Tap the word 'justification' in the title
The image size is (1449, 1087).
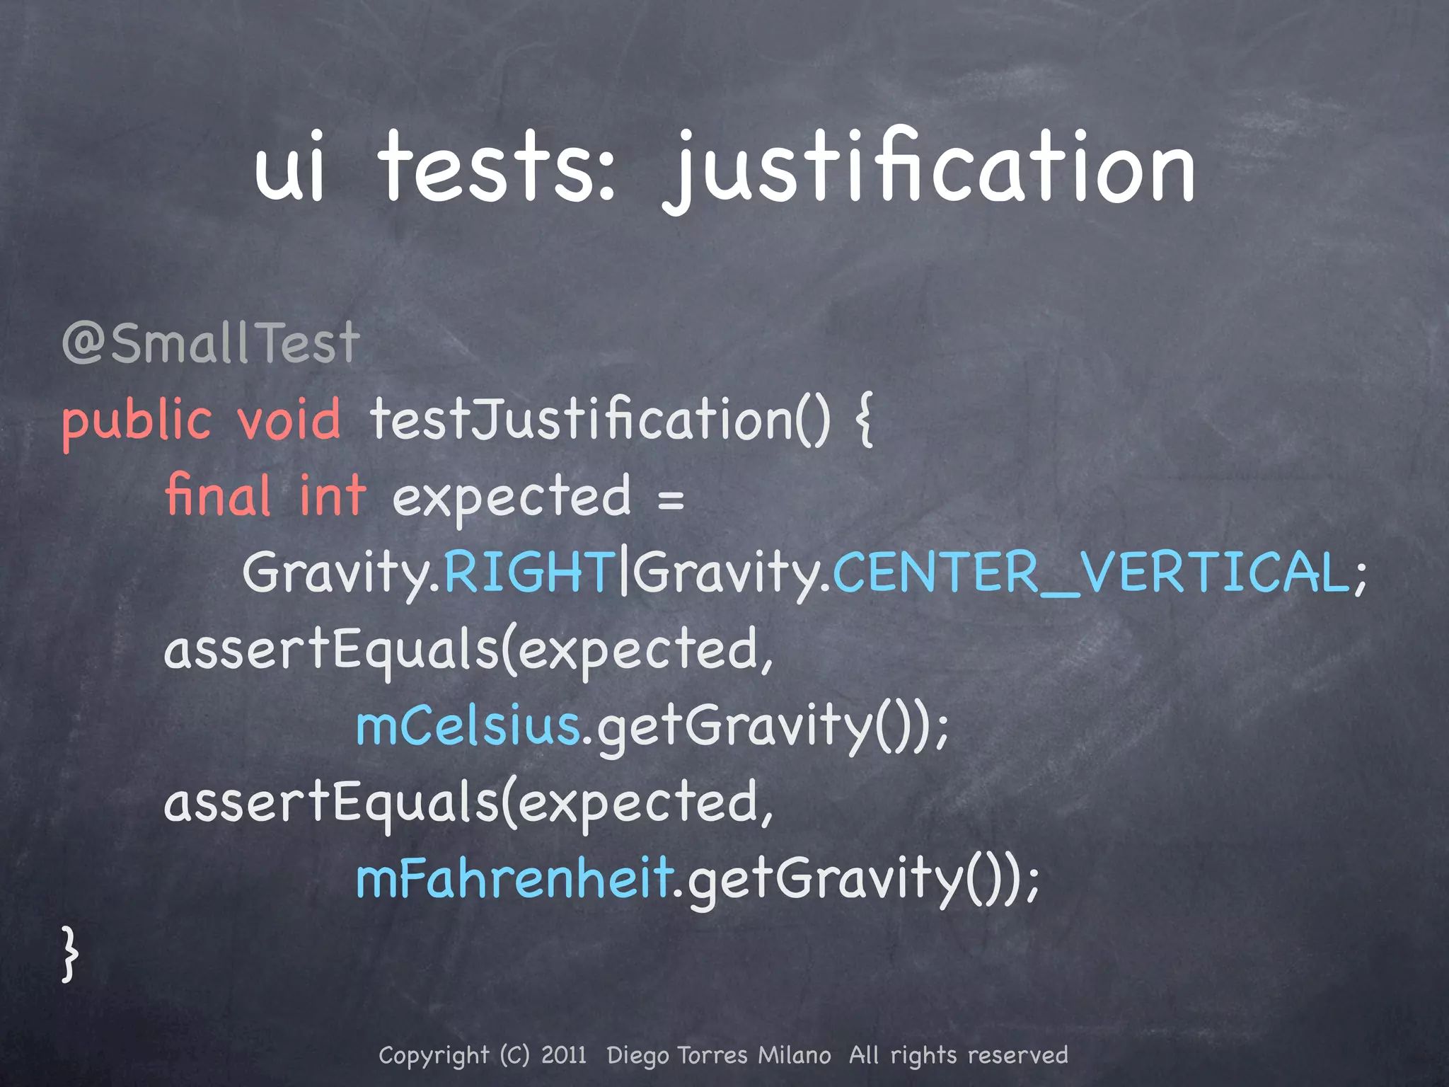[930, 170]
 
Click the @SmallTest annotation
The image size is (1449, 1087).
[211, 343]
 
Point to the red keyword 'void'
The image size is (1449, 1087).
[289, 419]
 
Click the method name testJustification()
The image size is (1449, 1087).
[600, 419]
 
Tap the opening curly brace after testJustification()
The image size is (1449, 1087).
[864, 420]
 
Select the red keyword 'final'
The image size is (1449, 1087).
[218, 495]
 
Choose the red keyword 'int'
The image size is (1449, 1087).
[333, 495]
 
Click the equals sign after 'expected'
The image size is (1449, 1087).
[670, 498]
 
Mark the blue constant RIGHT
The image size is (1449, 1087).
[529, 572]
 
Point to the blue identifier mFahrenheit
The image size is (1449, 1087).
[514, 878]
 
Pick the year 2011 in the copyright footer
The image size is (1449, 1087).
[564, 1055]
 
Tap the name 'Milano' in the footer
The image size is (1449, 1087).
[795, 1055]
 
